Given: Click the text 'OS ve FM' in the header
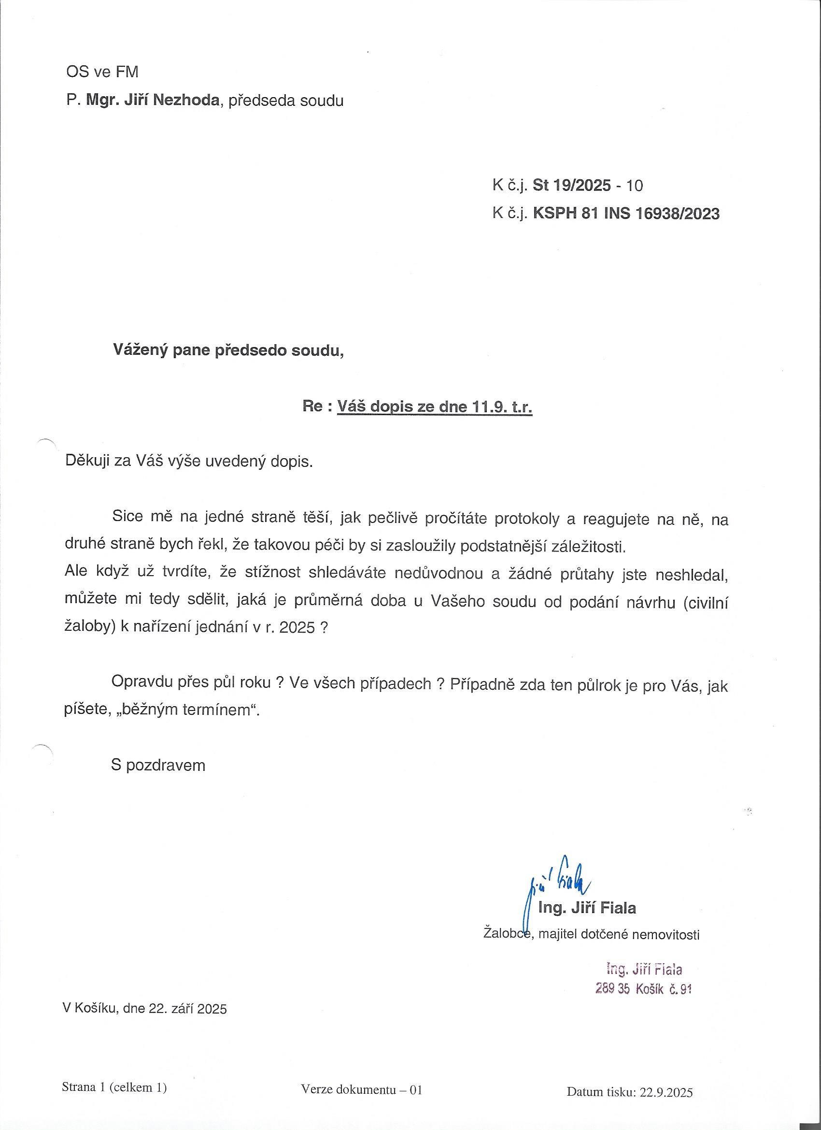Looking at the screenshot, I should click(102, 72).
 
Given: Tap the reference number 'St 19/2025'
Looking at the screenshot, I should click(572, 186).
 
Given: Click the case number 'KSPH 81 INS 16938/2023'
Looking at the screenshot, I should click(626, 214).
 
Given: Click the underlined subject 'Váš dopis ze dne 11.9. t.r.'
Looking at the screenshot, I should click(435, 407).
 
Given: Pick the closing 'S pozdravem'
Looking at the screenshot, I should click(158, 765).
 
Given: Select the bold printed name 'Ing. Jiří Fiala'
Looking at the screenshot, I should click(587, 908).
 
